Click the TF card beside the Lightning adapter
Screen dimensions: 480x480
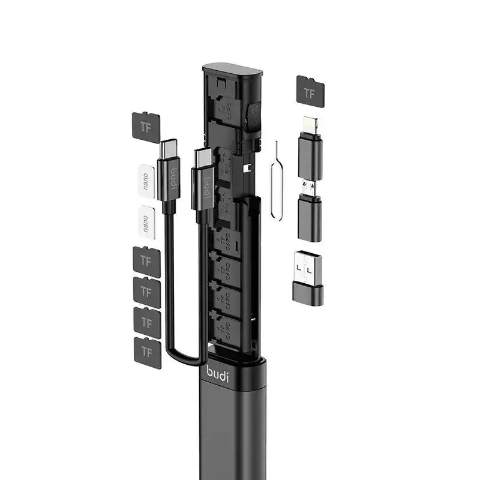click(x=310, y=92)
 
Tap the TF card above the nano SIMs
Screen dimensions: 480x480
click(x=145, y=127)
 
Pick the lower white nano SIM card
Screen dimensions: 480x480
click(x=146, y=222)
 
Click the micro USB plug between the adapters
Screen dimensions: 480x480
click(x=308, y=187)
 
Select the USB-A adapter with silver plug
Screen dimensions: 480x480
click(x=308, y=277)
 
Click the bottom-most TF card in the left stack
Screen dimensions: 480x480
click(x=147, y=352)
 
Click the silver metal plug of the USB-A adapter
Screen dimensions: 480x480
click(x=308, y=268)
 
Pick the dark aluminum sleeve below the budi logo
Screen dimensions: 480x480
click(x=231, y=432)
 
